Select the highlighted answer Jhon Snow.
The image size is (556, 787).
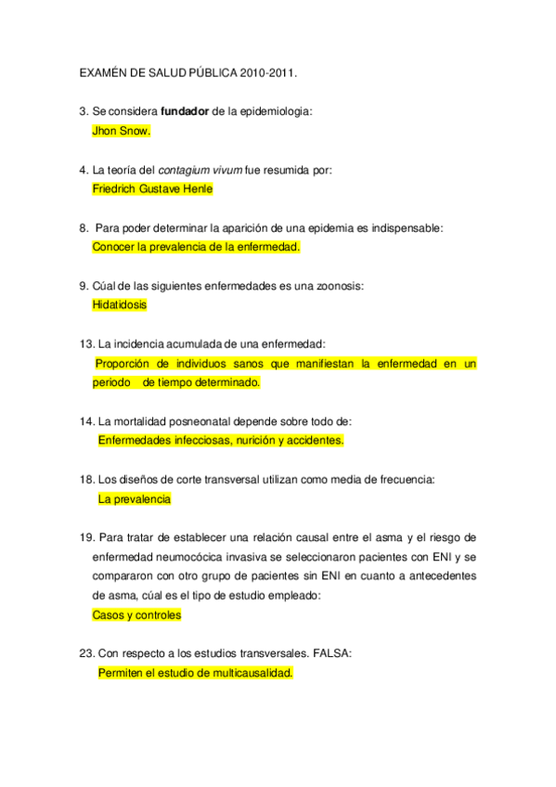click(x=122, y=131)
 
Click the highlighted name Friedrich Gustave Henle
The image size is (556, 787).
click(x=153, y=189)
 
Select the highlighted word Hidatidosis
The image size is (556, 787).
click(x=120, y=304)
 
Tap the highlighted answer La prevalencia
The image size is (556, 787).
click(x=135, y=498)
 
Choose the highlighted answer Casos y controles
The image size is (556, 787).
click(x=137, y=614)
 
